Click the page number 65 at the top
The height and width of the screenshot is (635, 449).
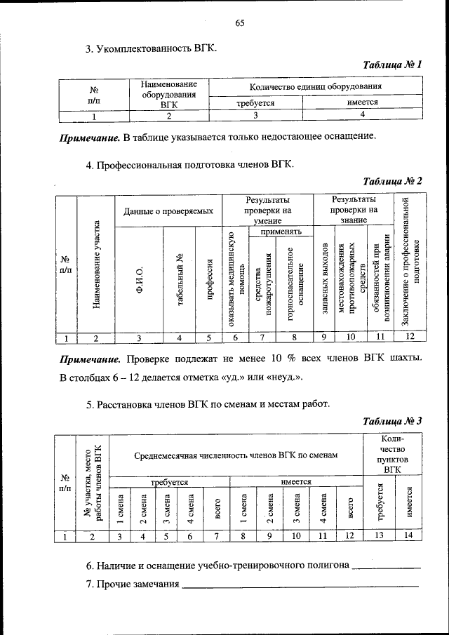239,23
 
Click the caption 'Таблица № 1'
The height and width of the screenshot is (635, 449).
392,65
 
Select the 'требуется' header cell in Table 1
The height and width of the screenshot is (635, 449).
255,102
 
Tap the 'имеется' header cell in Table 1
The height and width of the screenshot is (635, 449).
363,102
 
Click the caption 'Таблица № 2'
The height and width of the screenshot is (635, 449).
392,181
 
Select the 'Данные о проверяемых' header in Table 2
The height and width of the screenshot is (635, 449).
168,210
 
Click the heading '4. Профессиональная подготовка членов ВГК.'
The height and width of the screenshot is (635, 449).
189,165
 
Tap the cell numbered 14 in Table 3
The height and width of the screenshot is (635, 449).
409,537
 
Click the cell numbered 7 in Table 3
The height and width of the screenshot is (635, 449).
217,537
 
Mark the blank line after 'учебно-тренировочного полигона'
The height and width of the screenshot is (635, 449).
386,566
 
